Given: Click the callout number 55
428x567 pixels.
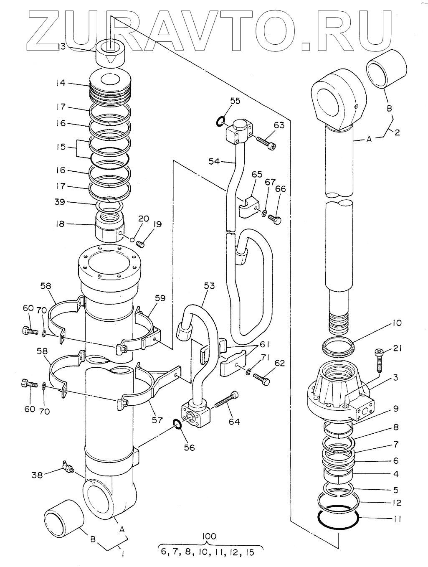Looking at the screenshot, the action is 235,101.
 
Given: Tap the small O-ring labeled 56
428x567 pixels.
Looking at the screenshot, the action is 177,424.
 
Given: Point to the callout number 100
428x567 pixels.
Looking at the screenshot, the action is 209,536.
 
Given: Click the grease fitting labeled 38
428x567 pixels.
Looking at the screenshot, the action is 68,467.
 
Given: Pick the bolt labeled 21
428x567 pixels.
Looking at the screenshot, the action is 379,360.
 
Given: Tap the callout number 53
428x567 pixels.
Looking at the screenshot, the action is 209,286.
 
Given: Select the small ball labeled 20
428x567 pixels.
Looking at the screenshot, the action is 132,240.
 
